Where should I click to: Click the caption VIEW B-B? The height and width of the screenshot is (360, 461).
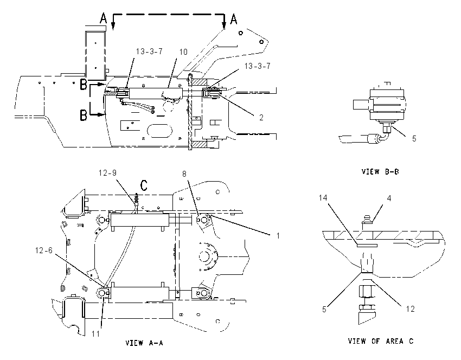(x=380, y=172)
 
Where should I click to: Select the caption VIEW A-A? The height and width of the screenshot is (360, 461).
(x=144, y=343)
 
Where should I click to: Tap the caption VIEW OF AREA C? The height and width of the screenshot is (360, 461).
(x=381, y=341)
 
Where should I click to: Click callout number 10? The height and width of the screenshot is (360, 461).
(x=183, y=52)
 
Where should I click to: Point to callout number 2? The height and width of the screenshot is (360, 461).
(x=261, y=118)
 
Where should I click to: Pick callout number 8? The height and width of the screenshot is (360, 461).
(x=184, y=174)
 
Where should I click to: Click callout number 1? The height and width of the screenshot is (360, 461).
(x=278, y=236)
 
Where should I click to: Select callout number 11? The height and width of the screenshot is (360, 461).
(x=96, y=334)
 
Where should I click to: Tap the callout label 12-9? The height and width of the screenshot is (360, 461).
(x=107, y=173)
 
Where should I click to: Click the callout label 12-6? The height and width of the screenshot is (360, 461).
(x=44, y=250)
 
